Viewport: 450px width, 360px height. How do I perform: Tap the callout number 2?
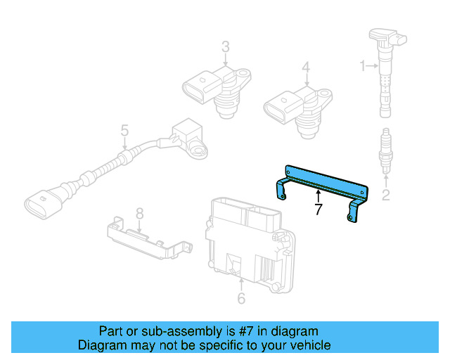(385, 195)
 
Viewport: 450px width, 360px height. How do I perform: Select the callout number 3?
(226, 48)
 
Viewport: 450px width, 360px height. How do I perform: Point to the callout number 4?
(306, 67)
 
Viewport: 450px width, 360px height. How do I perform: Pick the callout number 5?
(124, 131)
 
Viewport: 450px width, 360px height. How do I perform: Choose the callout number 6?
(241, 299)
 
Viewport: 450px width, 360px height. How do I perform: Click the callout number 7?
(319, 209)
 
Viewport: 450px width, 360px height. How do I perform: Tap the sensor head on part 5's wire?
(186, 134)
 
